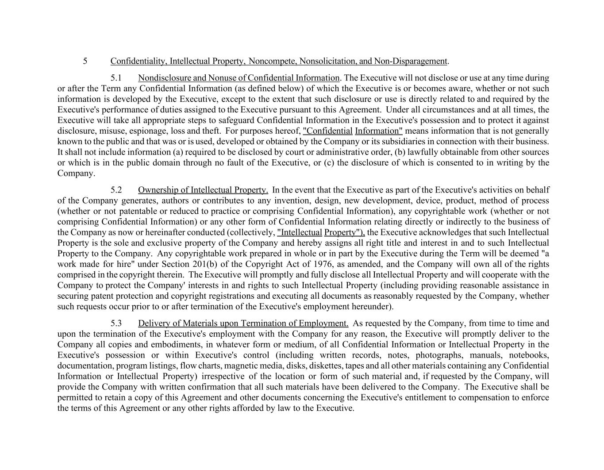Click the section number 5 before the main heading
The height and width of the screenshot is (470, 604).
85,61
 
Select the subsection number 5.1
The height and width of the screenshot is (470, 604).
116,78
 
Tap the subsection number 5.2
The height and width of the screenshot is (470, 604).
116,190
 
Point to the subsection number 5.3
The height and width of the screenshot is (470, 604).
116,324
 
